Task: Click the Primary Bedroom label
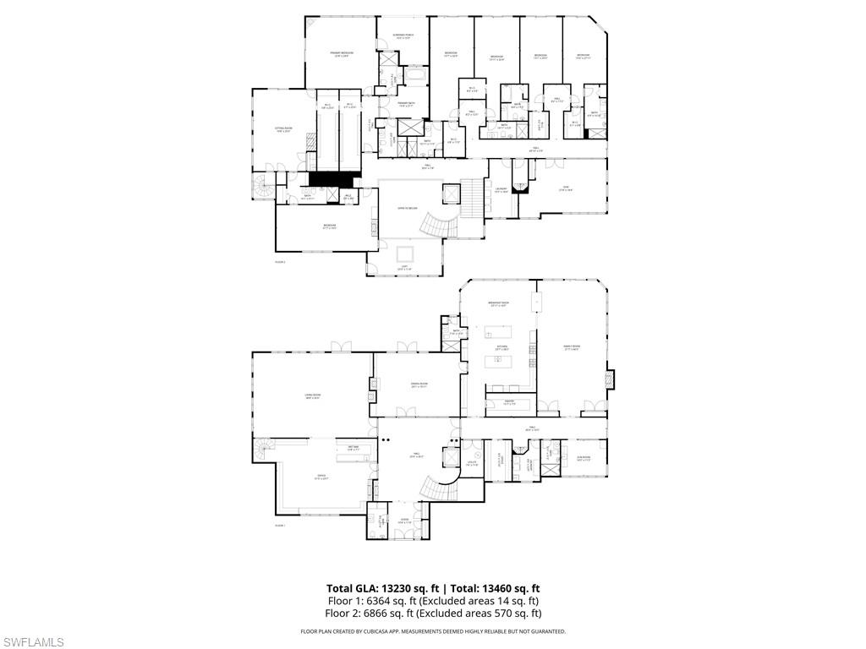(x=342, y=54)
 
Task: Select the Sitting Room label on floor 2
(x=282, y=129)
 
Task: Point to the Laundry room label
(x=502, y=189)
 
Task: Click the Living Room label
(x=312, y=396)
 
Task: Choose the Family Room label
(x=573, y=346)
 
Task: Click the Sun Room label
(x=584, y=458)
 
